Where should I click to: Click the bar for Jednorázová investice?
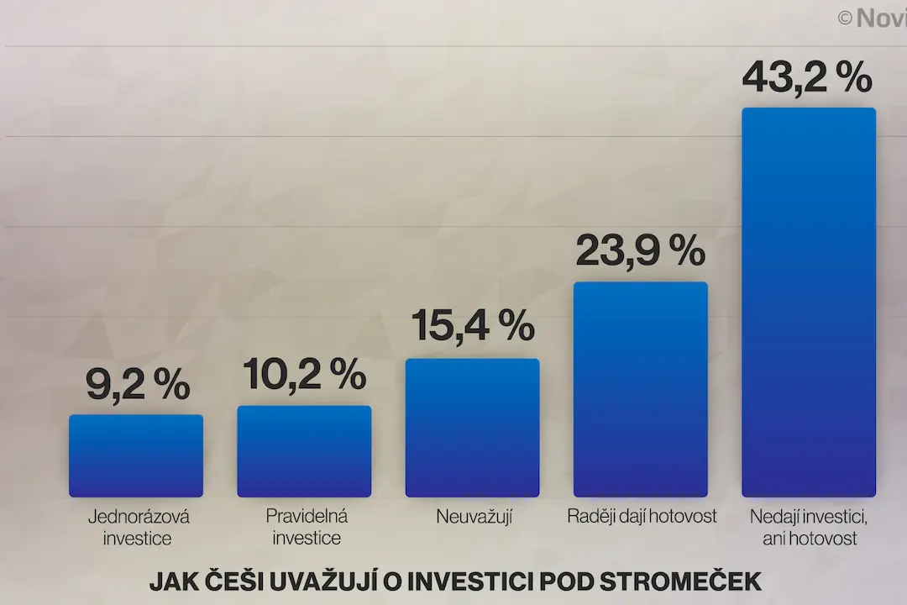(136, 455)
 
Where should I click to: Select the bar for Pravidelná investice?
(304, 451)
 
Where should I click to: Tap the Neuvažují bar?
(473, 428)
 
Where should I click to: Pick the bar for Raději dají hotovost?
(641, 389)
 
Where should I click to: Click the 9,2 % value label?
(138, 384)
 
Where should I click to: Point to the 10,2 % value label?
(304, 374)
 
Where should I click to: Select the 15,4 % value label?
(473, 326)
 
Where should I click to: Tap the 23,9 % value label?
(640, 250)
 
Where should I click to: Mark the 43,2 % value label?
(807, 77)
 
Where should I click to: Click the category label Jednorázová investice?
(138, 527)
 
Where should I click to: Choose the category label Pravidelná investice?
(307, 527)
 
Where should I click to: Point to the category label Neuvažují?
(474, 517)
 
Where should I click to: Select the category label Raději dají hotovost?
(642, 517)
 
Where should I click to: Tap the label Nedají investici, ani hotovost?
(809, 527)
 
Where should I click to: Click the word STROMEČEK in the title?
(680, 582)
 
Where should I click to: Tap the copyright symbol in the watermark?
(845, 18)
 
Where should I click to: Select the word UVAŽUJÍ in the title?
(324, 581)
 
